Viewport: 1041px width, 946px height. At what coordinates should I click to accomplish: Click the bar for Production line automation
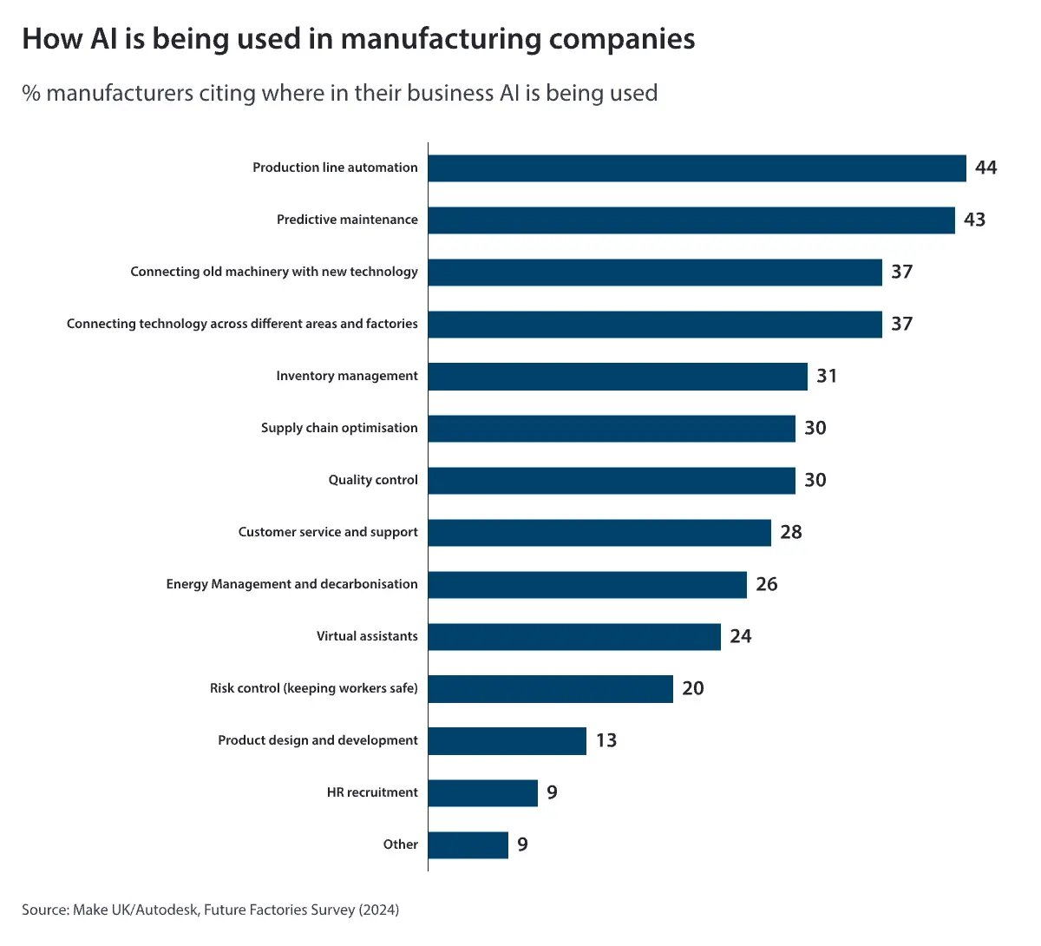[697, 168]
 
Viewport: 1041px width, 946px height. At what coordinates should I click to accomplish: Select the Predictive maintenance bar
[691, 220]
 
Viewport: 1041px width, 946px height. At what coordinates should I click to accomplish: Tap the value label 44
[985, 168]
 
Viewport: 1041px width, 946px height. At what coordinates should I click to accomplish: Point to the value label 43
[974, 220]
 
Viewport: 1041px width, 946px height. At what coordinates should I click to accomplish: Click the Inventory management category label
[346, 376]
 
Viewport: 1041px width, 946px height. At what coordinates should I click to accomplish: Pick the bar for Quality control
[612, 481]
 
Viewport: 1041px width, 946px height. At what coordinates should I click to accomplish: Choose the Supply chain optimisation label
[339, 428]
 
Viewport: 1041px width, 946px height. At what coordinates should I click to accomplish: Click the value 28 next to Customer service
[790, 532]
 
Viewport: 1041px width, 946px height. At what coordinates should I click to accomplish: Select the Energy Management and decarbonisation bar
[587, 585]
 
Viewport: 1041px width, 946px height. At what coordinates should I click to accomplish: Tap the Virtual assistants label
[367, 636]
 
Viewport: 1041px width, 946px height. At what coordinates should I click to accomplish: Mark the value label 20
[692, 688]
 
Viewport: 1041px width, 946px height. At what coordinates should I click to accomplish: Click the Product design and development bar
[507, 741]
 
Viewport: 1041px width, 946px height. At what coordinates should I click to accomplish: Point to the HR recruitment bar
[482, 793]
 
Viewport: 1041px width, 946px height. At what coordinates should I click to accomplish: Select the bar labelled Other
[468, 845]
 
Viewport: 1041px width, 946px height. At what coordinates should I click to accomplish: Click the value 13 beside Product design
[606, 740]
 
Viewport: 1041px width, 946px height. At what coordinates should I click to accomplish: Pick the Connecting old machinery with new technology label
[274, 272]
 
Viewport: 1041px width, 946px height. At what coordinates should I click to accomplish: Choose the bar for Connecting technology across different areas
[655, 325]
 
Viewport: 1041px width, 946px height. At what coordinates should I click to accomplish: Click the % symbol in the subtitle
[31, 94]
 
